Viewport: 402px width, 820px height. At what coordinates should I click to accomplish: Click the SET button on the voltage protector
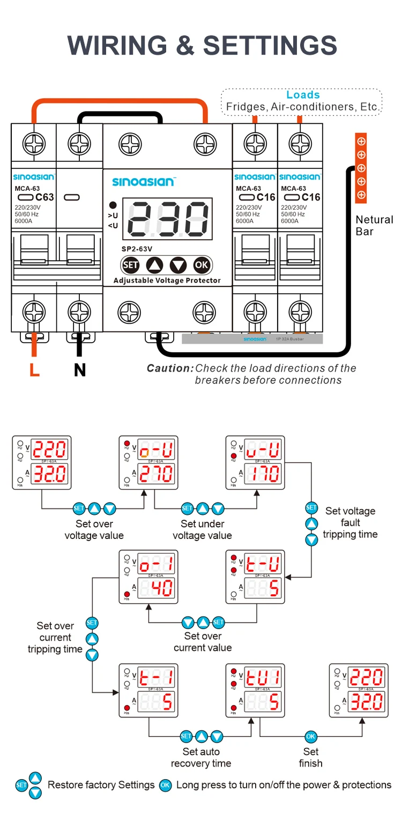130,265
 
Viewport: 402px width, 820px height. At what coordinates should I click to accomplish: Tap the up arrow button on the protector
154,265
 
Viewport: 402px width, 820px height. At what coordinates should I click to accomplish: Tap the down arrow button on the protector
178,265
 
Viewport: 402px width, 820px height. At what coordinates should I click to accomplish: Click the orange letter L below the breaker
34,370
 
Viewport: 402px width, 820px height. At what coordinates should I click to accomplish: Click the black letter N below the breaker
80,370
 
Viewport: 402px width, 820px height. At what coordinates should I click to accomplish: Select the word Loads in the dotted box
303,95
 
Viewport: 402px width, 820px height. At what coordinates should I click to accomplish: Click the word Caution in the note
169,368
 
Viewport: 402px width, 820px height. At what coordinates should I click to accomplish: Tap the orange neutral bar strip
361,168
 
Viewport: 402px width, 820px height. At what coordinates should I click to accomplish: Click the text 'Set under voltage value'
202,529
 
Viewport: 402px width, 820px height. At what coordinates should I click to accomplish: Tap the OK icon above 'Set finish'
311,736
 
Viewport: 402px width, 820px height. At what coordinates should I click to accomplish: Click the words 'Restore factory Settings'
101,785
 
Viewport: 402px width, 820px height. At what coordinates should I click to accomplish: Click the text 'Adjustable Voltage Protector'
167,280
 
